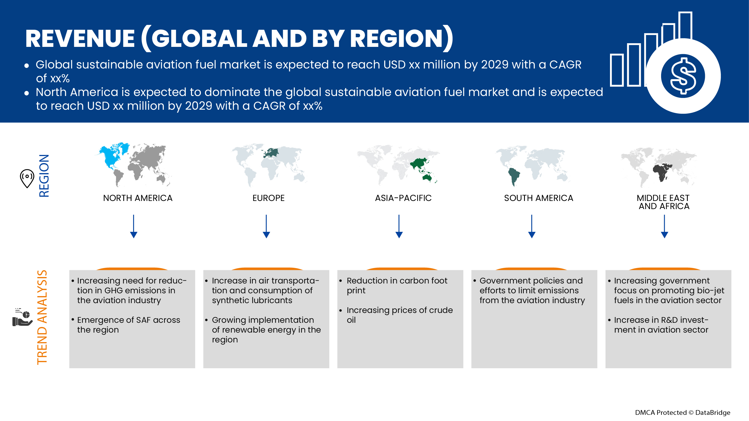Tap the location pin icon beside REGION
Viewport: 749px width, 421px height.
click(27, 178)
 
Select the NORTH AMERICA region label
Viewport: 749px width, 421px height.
click(138, 198)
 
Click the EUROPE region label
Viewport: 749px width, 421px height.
click(268, 198)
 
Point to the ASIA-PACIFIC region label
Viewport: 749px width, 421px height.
click(403, 198)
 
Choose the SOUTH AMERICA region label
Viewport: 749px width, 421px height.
click(538, 198)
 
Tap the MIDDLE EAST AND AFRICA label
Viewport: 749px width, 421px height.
click(664, 202)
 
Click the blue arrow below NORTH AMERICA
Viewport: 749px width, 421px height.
click(134, 226)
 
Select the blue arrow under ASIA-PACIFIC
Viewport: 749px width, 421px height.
click(399, 226)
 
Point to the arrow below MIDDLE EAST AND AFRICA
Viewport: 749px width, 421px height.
click(664, 226)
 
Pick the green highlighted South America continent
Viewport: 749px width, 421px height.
click(514, 176)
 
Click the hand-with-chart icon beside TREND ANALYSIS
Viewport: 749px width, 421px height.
click(22, 318)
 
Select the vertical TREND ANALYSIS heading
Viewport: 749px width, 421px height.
click(42, 317)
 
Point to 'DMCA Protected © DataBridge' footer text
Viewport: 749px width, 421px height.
click(682, 413)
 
